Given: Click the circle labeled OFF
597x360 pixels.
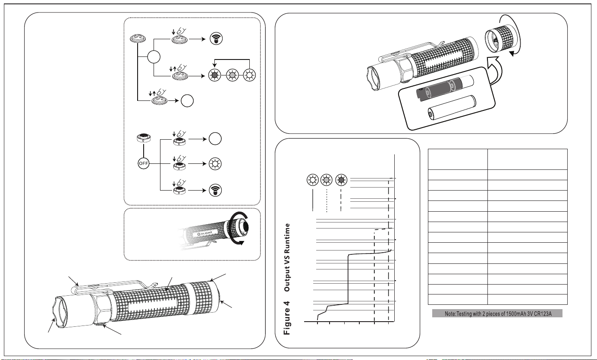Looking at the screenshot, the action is pos(143,163).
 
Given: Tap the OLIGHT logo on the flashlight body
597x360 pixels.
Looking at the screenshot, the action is pos(205,233).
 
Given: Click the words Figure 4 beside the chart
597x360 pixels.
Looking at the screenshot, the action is pos(287,318).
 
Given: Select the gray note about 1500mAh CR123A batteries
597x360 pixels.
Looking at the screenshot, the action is pos(497,313).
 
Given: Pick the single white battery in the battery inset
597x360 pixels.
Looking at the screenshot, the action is pos(452,107).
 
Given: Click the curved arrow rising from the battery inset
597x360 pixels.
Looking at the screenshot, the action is pos(494,71).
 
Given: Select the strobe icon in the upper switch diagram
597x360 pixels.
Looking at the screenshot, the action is pos(216,39).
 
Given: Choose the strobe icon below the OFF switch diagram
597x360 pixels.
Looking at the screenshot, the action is pos(215,190).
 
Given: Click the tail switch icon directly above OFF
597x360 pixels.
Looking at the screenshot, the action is pos(143,138).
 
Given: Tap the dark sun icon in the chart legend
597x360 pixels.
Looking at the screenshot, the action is pos(341,180).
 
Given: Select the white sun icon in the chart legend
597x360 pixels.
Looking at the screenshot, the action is pos(313,180).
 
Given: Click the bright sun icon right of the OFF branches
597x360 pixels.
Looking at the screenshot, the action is pos(215,163).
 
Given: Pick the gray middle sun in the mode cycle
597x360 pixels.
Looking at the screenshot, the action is pos(232,75).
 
